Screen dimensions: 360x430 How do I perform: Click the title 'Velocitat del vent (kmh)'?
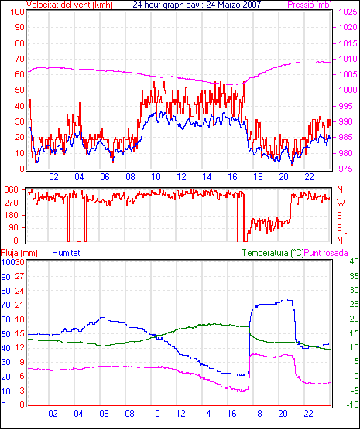(69, 5)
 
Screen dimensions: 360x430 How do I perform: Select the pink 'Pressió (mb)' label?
(310, 5)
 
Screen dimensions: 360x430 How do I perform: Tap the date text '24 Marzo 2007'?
(234, 5)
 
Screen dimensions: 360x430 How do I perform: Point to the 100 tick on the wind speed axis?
(17, 12)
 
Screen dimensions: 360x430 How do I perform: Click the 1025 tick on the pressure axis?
(348, 12)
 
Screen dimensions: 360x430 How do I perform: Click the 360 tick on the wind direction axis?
(12, 189)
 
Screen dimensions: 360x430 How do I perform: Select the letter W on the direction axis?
(341, 203)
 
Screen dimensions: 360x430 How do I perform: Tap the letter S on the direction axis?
(339, 216)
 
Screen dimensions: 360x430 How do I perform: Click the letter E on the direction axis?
(339, 228)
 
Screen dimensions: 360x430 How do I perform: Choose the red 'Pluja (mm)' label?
(19, 253)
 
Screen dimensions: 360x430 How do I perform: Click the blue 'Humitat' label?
(66, 253)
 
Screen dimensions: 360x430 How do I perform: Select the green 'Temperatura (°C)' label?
(273, 253)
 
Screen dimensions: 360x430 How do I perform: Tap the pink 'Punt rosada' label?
(326, 253)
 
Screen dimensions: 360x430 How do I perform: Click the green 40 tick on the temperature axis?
(354, 261)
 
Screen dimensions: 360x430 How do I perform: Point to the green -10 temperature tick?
(352, 404)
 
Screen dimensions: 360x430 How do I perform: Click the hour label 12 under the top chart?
(181, 177)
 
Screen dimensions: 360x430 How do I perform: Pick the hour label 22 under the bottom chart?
(309, 413)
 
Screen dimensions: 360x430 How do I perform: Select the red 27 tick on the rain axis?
(20, 276)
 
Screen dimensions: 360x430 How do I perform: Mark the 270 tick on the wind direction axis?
(12, 203)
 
